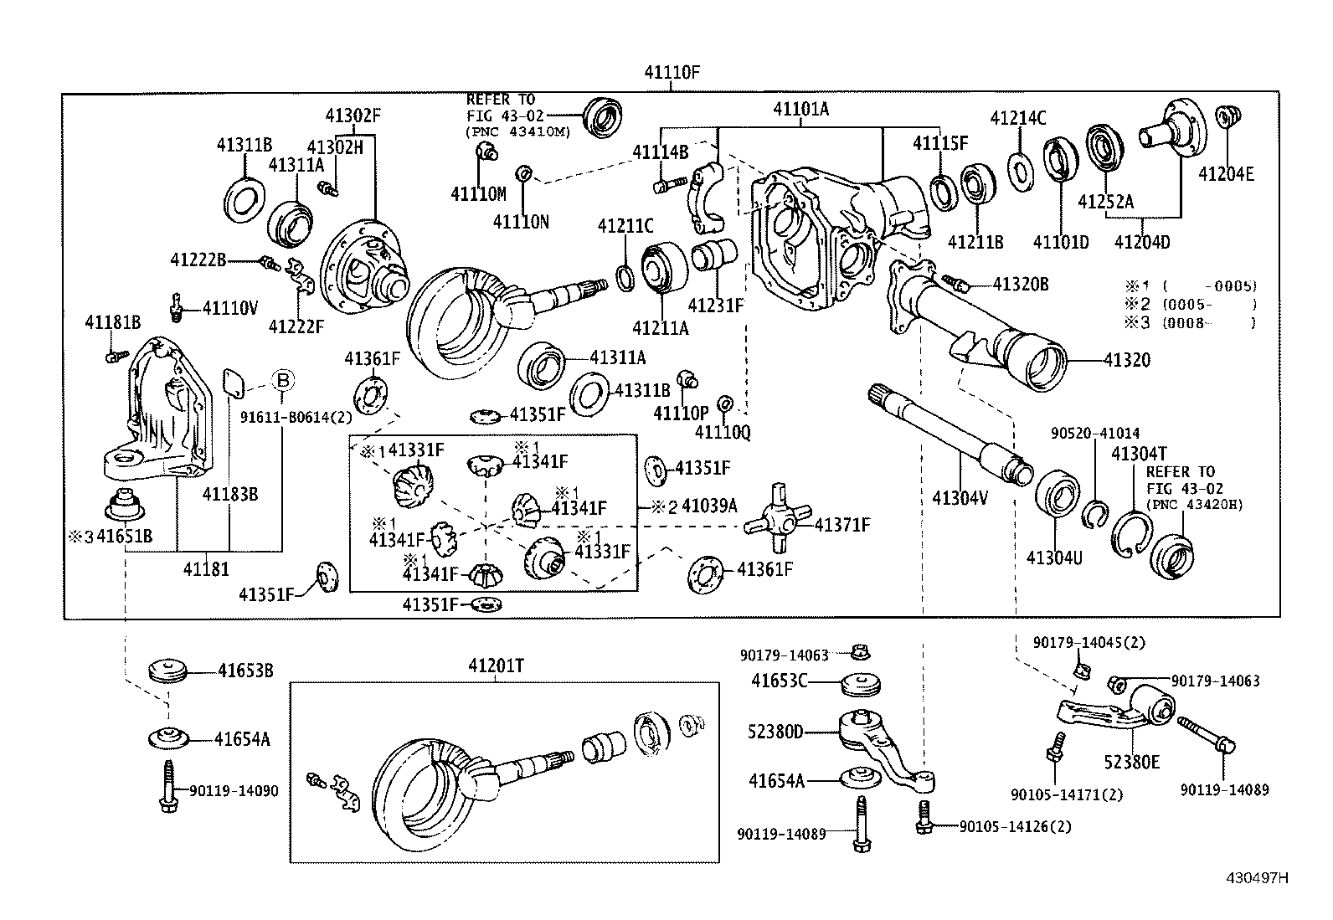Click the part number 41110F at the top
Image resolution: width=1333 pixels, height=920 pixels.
tap(672, 72)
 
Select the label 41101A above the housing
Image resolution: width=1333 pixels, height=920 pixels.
tap(800, 109)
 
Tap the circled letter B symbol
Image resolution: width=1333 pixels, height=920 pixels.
tap(283, 380)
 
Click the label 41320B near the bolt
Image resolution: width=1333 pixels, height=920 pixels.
tap(1021, 285)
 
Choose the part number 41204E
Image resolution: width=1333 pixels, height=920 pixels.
tap(1226, 174)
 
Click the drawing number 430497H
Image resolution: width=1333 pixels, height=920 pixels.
tap(1257, 878)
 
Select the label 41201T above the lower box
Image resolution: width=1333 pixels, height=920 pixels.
tap(497, 666)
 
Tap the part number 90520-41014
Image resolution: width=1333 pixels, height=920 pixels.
tap(1095, 434)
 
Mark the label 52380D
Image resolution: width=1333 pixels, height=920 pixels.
tap(775, 732)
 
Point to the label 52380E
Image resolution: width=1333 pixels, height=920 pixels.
tap(1132, 762)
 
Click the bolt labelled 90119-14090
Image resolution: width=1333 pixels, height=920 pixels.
tap(168, 786)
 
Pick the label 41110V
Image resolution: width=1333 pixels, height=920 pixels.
tap(230, 308)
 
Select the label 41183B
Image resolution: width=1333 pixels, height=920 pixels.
tap(230, 494)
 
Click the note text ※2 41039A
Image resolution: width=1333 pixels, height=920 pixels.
tap(694, 506)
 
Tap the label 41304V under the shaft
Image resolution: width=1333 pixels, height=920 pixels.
tap(960, 497)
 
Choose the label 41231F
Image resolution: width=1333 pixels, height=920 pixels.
tap(716, 306)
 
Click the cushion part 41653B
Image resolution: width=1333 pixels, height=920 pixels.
tap(167, 670)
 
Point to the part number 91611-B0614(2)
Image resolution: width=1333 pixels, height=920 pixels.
tap(296, 417)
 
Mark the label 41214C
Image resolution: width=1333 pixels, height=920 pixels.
tap(1018, 118)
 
